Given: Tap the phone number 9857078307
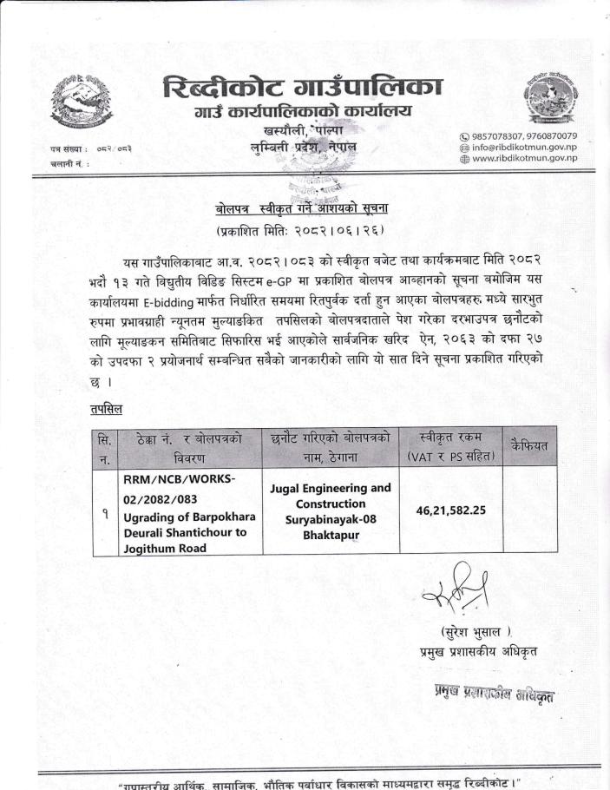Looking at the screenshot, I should click(x=503, y=136).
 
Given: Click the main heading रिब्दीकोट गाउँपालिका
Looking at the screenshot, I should click(x=302, y=88).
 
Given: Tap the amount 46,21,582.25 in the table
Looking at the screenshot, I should click(x=450, y=512).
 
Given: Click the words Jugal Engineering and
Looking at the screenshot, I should click(x=331, y=488).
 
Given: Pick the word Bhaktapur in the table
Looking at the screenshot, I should click(x=331, y=536).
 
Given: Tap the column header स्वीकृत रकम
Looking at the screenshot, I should click(x=450, y=437).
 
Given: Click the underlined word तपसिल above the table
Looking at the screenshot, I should click(x=105, y=409).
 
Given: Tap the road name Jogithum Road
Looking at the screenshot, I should click(x=164, y=549).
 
